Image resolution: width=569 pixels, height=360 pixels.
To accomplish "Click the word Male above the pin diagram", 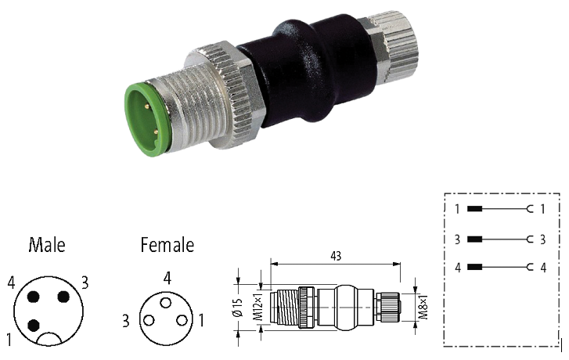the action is tap(47, 245).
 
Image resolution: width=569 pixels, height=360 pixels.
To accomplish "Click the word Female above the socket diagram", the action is tap(167, 245).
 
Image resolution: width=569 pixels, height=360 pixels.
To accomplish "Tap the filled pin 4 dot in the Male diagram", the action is tap(34, 297).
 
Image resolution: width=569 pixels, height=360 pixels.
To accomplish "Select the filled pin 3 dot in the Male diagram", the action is tap(63, 297).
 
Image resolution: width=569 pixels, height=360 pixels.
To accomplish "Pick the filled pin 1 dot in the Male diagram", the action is tap(34, 325).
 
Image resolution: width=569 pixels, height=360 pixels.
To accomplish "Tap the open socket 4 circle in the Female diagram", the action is tap(166, 303).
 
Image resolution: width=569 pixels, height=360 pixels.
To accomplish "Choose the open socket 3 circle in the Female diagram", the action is tap(149, 320).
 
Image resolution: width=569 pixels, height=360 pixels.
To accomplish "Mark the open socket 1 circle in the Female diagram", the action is tap(182, 320).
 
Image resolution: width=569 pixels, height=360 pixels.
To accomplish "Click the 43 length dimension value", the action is tap(336, 256).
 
